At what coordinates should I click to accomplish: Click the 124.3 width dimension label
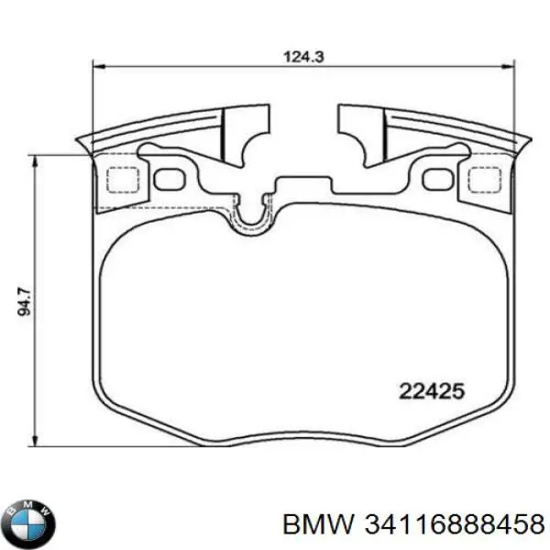tap(304, 56)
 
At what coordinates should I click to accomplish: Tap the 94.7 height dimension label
tap(25, 302)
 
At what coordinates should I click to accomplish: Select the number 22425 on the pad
tap(432, 390)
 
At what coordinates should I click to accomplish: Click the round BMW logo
tap(27, 524)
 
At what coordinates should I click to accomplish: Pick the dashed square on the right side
tap(482, 181)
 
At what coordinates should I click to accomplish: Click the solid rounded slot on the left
tap(168, 178)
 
